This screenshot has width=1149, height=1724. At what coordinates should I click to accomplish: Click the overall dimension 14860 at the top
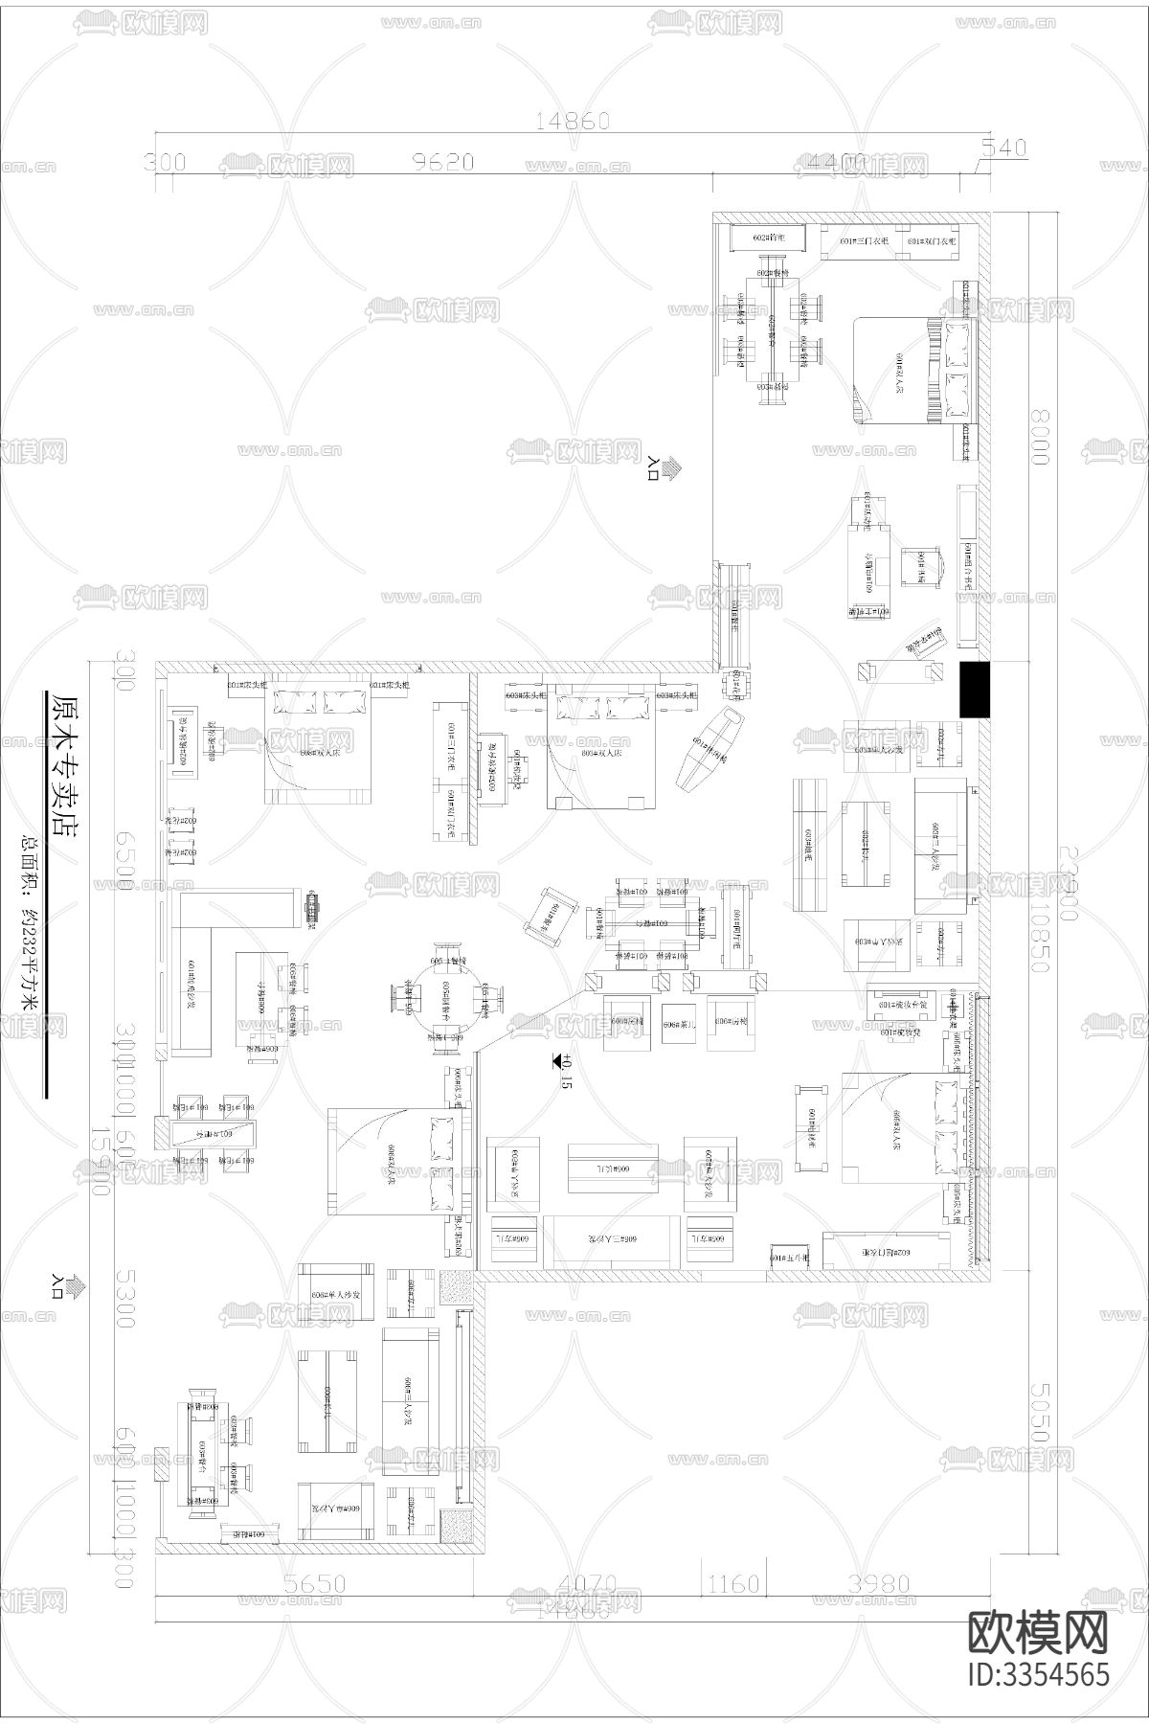(573, 121)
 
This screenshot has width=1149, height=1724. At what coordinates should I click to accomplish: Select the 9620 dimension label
(442, 162)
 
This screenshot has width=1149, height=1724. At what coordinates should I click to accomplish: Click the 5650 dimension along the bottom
(313, 1585)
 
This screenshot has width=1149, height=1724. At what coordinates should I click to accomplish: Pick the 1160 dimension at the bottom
(732, 1585)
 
